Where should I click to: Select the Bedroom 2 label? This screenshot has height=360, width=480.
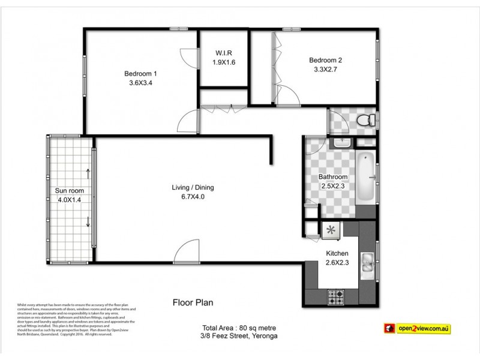click(x=325, y=60)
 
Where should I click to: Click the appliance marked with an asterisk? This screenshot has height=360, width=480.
click(x=331, y=229)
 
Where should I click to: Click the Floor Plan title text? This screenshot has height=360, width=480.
click(x=193, y=303)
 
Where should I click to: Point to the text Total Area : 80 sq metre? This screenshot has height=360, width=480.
click(x=233, y=328)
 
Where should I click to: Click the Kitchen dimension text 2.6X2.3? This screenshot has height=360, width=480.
click(x=336, y=262)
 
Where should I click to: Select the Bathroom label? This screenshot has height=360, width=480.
click(x=333, y=177)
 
